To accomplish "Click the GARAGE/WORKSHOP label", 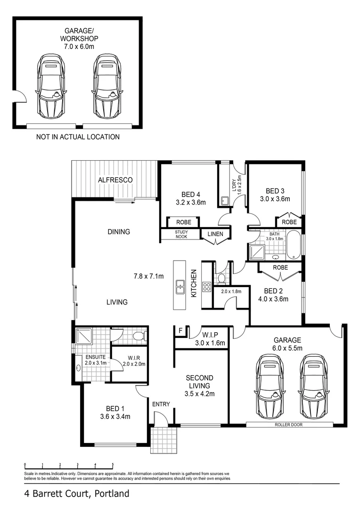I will (78, 35).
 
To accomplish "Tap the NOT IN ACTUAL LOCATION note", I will (78, 137).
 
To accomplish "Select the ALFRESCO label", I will (115, 180).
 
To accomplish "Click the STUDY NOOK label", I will (181, 235).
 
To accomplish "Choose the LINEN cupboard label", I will (215, 234).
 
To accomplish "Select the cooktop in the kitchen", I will (206, 287).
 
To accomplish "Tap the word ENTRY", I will (161, 404).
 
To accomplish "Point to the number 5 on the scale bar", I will (113, 464).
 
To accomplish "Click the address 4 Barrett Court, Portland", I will (76, 494).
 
